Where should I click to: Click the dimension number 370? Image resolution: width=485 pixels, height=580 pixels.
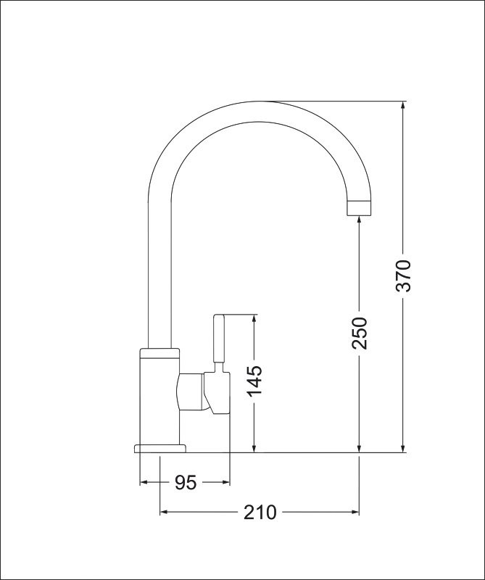(404, 275)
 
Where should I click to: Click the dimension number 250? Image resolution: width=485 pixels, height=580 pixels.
(360, 333)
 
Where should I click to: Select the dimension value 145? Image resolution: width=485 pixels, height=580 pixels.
(254, 381)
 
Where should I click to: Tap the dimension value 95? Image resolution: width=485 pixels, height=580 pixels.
(186, 482)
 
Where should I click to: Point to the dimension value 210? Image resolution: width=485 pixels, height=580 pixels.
(260, 513)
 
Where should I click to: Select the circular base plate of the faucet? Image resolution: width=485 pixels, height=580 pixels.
(159, 447)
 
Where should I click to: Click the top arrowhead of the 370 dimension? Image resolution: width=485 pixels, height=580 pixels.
(404, 106)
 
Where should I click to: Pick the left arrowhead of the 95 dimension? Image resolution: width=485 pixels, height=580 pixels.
(144, 482)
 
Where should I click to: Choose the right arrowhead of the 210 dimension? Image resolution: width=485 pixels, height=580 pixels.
(355, 513)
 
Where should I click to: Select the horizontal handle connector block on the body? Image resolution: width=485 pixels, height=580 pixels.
(191, 391)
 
